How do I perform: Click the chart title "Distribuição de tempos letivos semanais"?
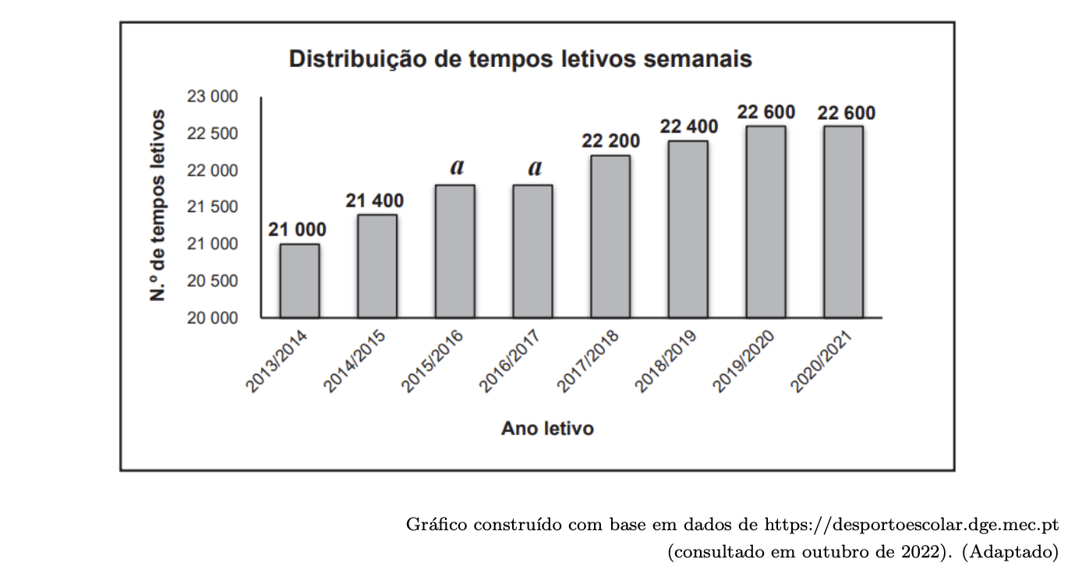520,59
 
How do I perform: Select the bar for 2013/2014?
299,281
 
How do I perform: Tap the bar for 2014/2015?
377,266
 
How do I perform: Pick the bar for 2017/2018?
610,236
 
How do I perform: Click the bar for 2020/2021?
843,221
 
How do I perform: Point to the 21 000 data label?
298,230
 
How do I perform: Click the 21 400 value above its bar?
375,200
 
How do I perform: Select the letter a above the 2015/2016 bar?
458,168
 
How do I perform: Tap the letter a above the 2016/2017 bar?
535,168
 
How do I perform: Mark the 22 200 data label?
610,141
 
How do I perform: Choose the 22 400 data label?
689,126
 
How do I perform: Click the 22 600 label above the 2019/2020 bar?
766,112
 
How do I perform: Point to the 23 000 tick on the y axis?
211,97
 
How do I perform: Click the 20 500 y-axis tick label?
211,281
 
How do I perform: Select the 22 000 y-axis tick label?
211,171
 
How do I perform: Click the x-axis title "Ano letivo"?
547,429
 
